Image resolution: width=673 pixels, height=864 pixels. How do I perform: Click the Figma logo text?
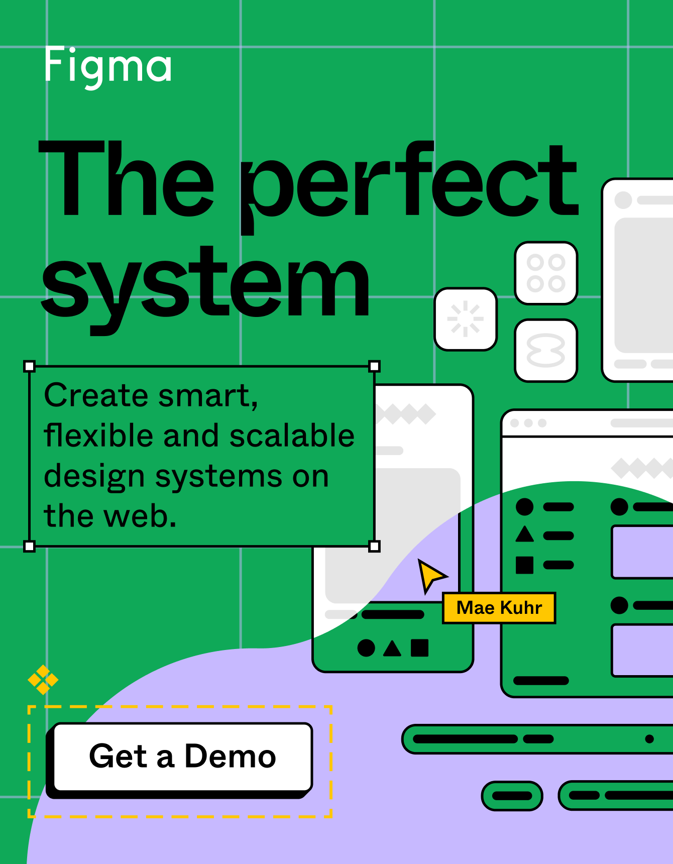108,65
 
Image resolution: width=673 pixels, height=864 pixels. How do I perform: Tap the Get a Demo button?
183,757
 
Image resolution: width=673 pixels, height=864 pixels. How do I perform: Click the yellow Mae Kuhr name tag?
499,608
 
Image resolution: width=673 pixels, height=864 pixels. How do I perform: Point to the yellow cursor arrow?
430,575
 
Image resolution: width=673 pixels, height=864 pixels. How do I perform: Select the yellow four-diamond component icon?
43,680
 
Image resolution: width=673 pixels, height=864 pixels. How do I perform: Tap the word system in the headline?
206,284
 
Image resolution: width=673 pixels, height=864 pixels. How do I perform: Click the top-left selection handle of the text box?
30,366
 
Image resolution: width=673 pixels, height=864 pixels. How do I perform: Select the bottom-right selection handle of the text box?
374,547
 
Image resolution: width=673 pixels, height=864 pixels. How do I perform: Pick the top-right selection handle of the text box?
374,366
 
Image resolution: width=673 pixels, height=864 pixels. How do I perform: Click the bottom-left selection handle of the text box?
30,547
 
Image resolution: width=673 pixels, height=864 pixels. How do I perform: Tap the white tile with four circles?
546,273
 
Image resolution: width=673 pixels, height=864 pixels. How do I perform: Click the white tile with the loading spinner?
466,319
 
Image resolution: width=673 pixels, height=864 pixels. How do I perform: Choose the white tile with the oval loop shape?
546,350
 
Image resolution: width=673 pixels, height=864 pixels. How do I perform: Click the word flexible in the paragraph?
98,436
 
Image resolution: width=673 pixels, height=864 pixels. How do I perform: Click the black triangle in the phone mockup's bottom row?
392,649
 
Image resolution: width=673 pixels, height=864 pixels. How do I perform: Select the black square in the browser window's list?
525,565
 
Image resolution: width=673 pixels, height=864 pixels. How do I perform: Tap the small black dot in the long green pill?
649,739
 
